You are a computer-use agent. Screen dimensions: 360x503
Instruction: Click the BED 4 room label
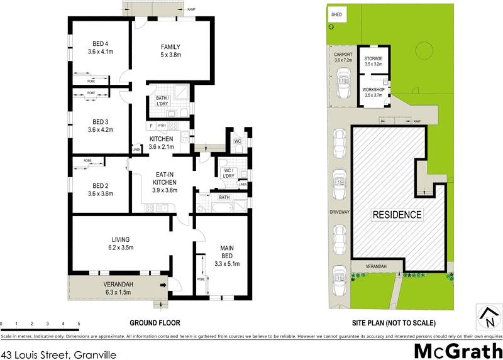pos(92,43)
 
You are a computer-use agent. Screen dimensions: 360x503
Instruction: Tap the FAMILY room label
pos(170,47)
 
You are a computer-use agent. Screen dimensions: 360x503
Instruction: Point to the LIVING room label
pos(121,239)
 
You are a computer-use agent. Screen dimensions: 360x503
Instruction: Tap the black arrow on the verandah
pos(163,285)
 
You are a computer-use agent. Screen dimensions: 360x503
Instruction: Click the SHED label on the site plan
pos(336,13)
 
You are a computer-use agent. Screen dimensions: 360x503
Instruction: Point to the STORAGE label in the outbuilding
pos(373,58)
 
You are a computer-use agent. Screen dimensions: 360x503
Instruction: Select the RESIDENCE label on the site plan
pos(397,215)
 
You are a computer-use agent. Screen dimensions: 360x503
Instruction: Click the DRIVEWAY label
pos(340,212)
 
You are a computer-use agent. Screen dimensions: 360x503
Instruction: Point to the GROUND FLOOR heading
pos(155,323)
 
